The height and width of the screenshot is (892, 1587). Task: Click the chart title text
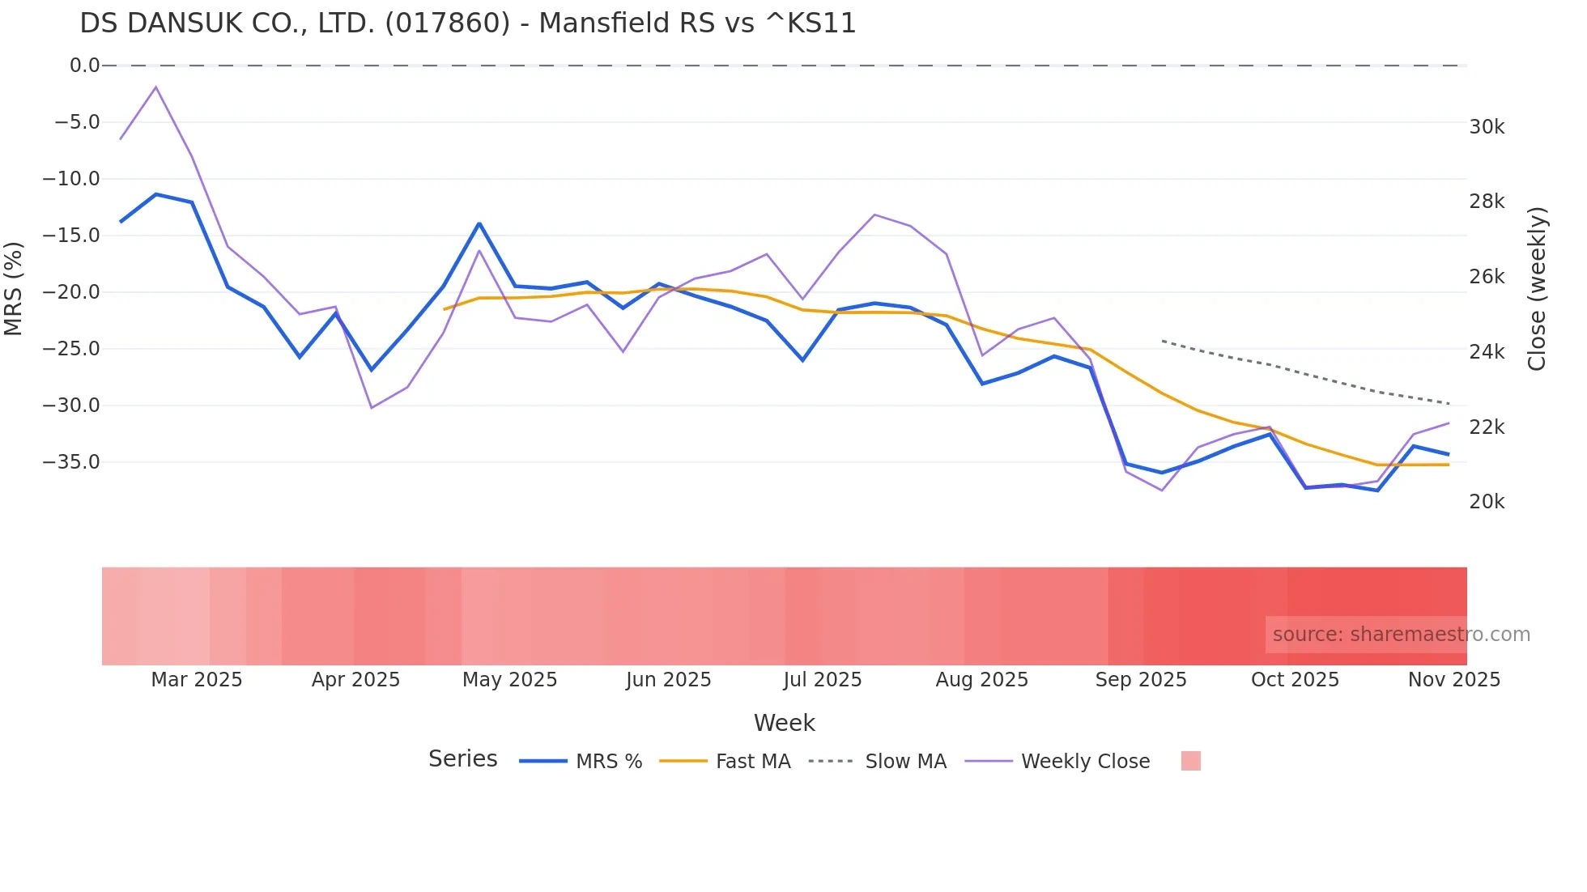click(x=467, y=23)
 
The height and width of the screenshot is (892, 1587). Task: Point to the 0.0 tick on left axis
click(x=84, y=66)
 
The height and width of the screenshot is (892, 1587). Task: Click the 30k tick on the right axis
click(x=1487, y=127)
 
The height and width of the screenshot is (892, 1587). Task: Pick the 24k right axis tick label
click(x=1487, y=352)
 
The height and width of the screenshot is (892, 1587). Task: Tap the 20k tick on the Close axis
click(x=1487, y=502)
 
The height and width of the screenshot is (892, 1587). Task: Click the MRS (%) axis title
click(x=14, y=288)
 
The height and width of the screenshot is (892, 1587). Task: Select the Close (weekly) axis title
click(x=1537, y=288)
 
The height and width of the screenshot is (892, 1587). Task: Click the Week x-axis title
click(x=784, y=723)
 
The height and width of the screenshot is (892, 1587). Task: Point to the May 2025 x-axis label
click(x=509, y=680)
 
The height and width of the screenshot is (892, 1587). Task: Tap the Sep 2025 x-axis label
click(x=1140, y=680)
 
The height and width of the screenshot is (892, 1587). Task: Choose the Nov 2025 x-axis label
click(x=1453, y=680)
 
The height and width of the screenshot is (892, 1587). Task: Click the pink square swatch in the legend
click(x=1190, y=761)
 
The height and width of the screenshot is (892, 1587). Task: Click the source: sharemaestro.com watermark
click(x=1400, y=635)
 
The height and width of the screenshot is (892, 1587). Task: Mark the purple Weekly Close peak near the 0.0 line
click(x=155, y=87)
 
